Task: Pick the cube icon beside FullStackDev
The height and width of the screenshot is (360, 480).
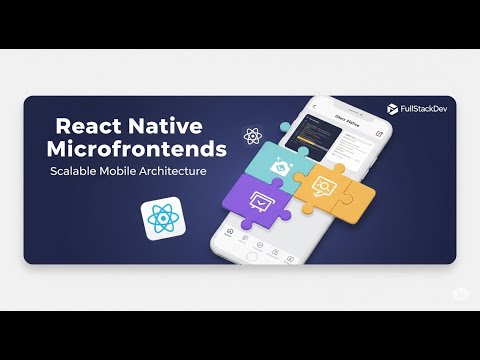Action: pos(392,106)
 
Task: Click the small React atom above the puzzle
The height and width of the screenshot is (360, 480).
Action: pos(252,135)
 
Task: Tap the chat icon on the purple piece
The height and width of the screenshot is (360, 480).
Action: pos(261,199)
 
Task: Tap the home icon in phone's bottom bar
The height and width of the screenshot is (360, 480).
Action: pos(231,232)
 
